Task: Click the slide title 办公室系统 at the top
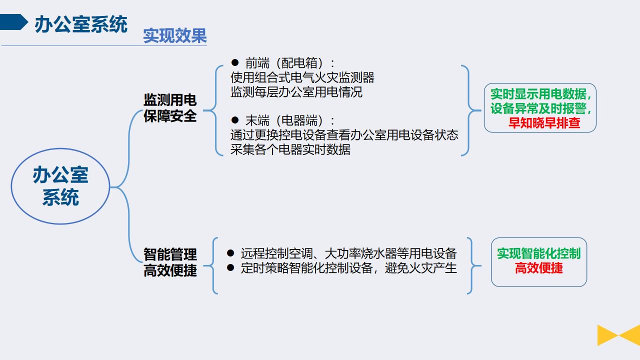[81, 24]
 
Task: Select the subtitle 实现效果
[175, 35]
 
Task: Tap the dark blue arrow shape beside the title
[13, 22]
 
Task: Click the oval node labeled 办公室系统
[60, 186]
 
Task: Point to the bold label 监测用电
[170, 100]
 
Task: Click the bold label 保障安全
[170, 116]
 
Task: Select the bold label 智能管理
[170, 254]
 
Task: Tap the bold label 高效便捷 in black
[170, 270]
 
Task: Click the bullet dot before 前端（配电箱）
[235, 62]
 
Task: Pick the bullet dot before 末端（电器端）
[235, 120]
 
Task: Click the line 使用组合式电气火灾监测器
[302, 77]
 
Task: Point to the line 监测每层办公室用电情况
[296, 92]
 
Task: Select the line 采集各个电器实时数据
[290, 149]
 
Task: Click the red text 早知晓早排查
[544, 123]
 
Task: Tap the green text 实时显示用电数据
[538, 94]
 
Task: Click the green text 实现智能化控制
[539, 253]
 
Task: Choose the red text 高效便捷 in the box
[539, 268]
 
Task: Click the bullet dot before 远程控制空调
[230, 253]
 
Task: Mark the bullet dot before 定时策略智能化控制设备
[230, 267]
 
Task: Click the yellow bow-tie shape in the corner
[618, 335]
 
